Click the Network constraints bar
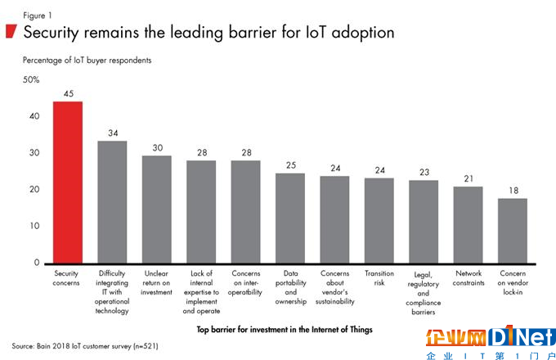pyautogui.click(x=469, y=224)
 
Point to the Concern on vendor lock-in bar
pyautogui.click(x=513, y=230)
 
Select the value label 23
pyautogui.click(x=424, y=171)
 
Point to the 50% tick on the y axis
pyautogui.click(x=30, y=79)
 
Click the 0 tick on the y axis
pyautogui.click(x=36, y=263)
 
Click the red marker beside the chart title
pyautogui.click(x=11, y=32)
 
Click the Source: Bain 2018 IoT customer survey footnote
pyautogui.click(x=86, y=346)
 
